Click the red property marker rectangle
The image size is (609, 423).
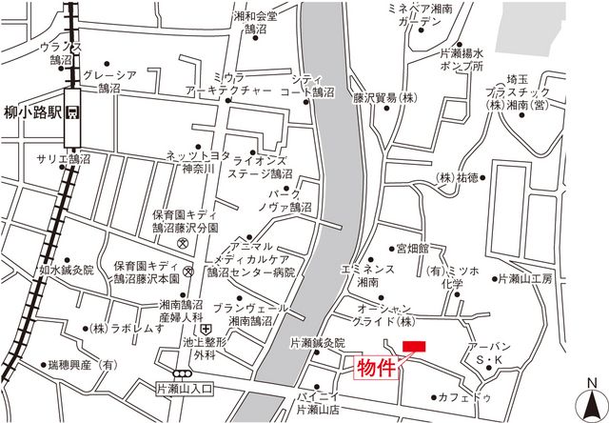point(415,345)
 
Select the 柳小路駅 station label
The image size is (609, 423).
point(31,110)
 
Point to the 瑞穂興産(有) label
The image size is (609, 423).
point(81,364)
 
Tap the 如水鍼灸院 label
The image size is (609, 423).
point(68,271)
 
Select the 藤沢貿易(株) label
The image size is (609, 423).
point(385,97)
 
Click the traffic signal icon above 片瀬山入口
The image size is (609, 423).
point(182,373)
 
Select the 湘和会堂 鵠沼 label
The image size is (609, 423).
point(255,23)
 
